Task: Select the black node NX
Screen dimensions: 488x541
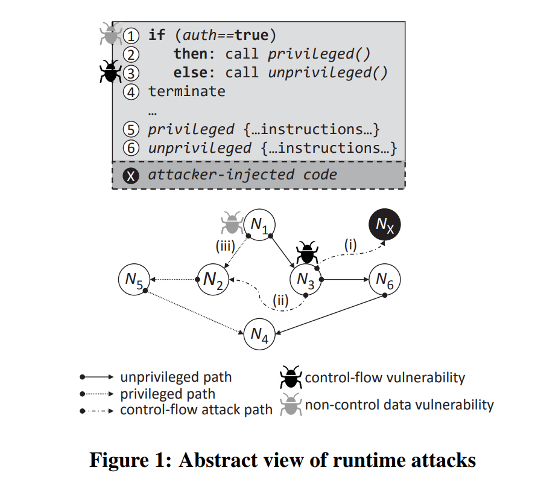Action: [385, 226]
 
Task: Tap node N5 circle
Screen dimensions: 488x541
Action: [134, 280]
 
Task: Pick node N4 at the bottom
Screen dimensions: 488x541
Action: [259, 334]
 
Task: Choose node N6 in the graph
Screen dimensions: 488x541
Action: [384, 280]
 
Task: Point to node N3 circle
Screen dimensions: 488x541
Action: [306, 280]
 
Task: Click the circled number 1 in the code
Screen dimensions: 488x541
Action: [131, 35]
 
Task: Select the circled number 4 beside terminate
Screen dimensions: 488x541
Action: [131, 92]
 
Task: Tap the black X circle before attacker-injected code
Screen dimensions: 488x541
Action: [131, 176]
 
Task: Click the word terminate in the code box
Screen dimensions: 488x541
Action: [187, 92]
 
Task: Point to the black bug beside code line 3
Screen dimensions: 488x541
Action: [109, 72]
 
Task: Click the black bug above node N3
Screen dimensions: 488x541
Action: [308, 252]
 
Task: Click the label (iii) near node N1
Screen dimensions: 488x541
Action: [225, 246]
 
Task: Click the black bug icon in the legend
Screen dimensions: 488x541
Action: [290, 377]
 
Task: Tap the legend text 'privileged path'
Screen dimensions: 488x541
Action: [168, 394]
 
